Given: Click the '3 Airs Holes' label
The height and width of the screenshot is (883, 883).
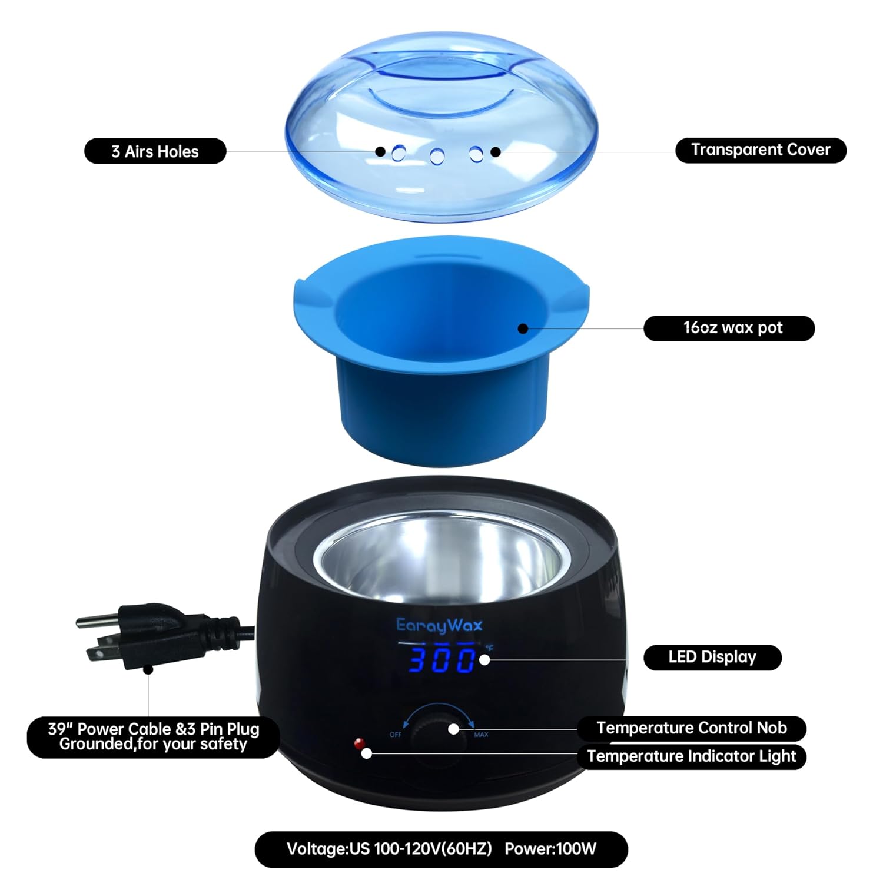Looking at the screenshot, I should coord(155,151).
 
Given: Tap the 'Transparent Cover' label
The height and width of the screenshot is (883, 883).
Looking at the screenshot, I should coord(760,150).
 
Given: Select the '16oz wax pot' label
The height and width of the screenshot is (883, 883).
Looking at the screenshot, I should coord(729,328).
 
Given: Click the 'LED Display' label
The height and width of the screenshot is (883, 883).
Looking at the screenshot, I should coord(712,657).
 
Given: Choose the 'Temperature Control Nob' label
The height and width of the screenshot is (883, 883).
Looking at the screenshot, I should coord(691,728).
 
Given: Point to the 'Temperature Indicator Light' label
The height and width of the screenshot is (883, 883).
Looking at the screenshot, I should coord(691,756).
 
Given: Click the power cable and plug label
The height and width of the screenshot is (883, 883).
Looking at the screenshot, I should coord(153,736).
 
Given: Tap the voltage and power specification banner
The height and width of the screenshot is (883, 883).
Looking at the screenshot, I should coord(441,849).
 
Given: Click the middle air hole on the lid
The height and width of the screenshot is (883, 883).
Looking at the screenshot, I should coord(437,156).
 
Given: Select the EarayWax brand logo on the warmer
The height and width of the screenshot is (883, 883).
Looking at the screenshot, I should coord(439,625).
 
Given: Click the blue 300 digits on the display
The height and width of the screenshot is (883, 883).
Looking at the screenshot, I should coord(443,660).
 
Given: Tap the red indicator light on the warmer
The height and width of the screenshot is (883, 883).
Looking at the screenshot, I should coord(357,743).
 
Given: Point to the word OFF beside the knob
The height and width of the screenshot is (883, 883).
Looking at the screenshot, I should coord(396,735).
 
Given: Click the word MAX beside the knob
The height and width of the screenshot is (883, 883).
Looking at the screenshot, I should coord(481,735).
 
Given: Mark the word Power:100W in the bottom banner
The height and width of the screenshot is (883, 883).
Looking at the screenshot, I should coord(550,849).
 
